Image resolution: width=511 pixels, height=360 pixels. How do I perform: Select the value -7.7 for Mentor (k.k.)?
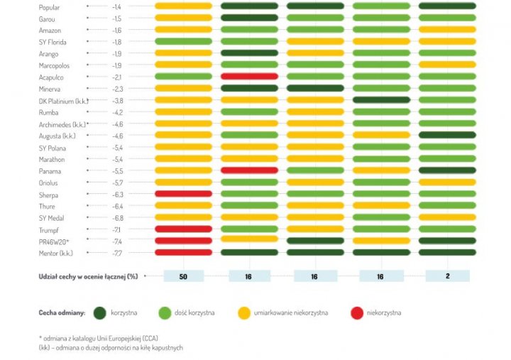point(117,253)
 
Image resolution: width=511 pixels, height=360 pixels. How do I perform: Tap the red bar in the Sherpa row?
point(183,194)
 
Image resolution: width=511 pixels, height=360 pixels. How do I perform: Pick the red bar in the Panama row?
point(249,170)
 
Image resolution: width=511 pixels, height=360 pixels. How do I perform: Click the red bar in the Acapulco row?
point(249,77)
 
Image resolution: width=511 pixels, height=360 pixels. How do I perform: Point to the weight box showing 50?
point(183,276)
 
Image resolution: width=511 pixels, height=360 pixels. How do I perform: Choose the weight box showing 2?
point(447,276)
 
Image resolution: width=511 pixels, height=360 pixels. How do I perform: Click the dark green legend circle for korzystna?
point(99,312)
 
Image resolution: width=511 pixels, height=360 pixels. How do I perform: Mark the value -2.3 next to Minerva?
point(117,89)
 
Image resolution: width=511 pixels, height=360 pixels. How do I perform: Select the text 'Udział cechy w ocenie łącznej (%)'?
point(88,276)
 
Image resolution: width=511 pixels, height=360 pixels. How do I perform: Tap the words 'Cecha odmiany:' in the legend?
point(62,312)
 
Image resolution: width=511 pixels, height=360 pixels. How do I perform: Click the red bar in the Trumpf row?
point(183,229)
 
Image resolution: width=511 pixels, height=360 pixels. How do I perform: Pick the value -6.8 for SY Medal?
point(117,218)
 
